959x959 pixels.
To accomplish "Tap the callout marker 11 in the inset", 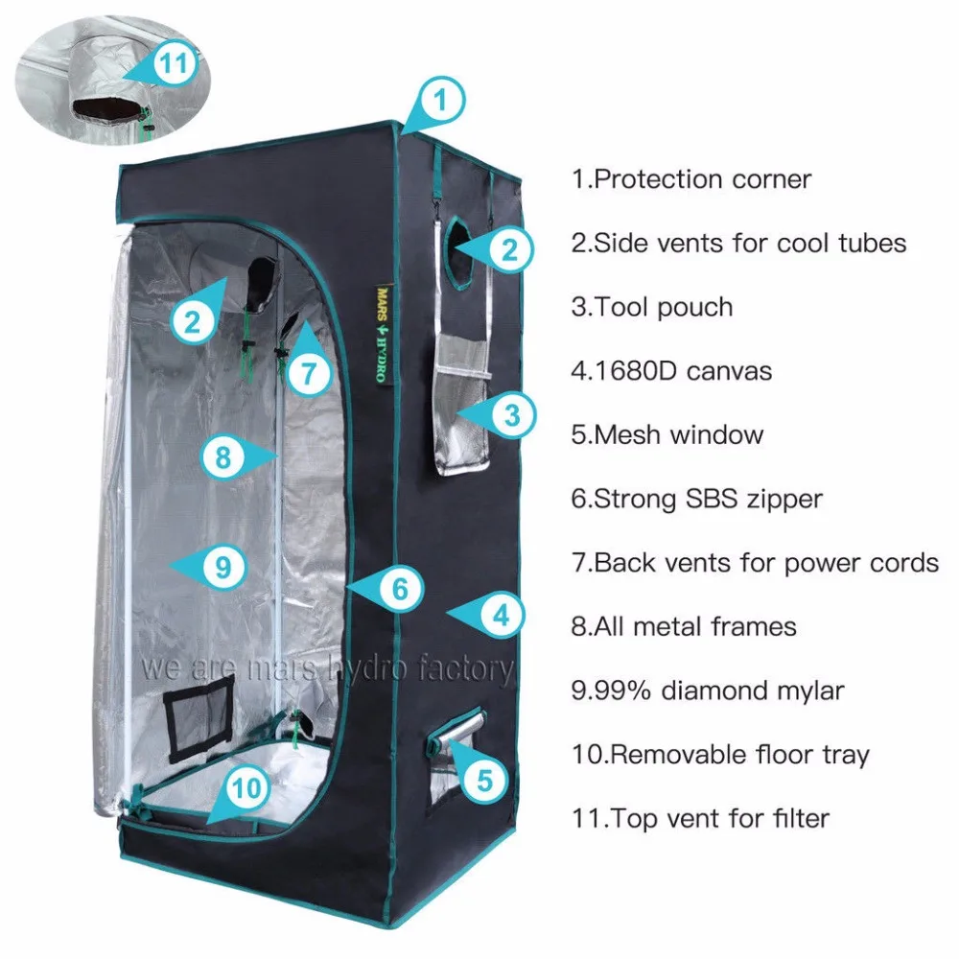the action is pos(174,63).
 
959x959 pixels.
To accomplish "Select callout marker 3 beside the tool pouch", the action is pos(511,415).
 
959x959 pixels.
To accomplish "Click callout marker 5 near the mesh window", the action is pos(485,780).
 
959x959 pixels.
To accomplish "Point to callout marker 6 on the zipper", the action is pos(399,589).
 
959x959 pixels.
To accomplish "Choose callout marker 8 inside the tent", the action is pos(223,456).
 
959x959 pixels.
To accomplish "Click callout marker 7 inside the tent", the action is pos(309,371).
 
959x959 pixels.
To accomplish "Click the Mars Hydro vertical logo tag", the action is pos(383,334).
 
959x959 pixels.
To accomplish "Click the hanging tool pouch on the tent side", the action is pos(462,404).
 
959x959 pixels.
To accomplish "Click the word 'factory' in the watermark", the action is pos(466,668).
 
